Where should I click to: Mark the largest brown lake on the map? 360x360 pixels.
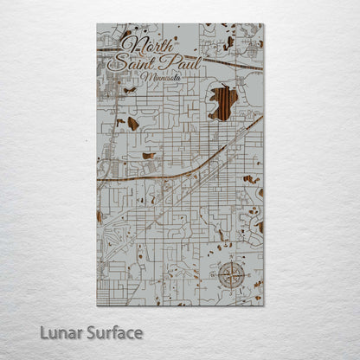click(x=222, y=101)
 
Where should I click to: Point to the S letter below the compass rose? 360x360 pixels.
click(x=231, y=292)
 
